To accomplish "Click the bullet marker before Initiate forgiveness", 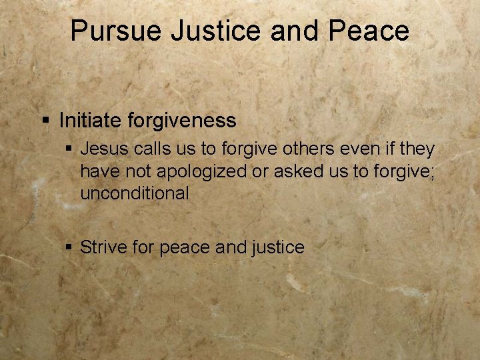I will point(45,121).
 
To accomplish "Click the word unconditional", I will point(135,193).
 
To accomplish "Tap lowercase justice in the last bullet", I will point(278,248).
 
